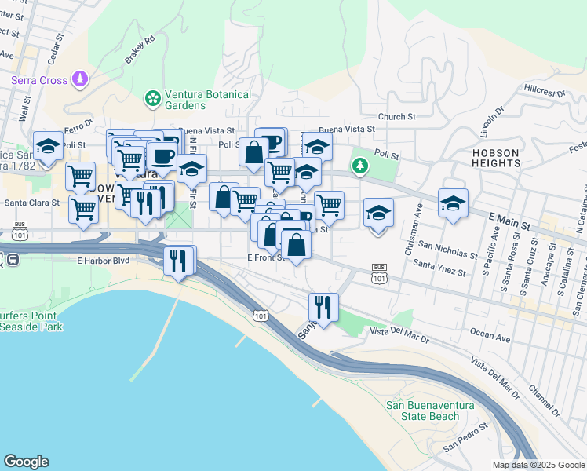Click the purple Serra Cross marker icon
tap(79, 78)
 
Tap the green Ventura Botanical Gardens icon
tap(151, 99)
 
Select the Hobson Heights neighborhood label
tap(495, 157)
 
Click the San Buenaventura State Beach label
tap(422, 411)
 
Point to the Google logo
tap(26, 462)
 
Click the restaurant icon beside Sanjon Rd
tap(323, 306)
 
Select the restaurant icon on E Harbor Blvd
tap(179, 260)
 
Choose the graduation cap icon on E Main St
tap(453, 203)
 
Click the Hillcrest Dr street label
tap(546, 91)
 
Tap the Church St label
tap(396, 117)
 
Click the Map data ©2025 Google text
tap(538, 465)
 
